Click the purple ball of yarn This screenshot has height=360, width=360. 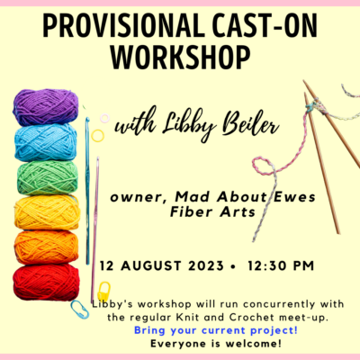click(46, 107)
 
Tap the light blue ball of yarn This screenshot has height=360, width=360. click(46, 142)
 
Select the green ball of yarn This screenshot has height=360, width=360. click(48, 177)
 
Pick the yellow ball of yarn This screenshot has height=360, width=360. click(47, 212)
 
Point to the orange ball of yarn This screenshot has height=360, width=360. click(46, 247)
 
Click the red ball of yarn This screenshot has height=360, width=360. click(46, 282)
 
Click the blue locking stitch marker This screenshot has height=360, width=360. click(80, 310)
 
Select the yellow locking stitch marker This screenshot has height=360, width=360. click(103, 292)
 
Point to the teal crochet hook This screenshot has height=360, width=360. click(87, 191)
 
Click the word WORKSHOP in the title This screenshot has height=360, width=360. click(180, 58)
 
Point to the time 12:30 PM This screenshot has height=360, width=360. click(281, 265)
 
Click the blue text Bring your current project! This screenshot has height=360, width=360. click(216, 330)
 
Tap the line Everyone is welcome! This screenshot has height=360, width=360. click(216, 344)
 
